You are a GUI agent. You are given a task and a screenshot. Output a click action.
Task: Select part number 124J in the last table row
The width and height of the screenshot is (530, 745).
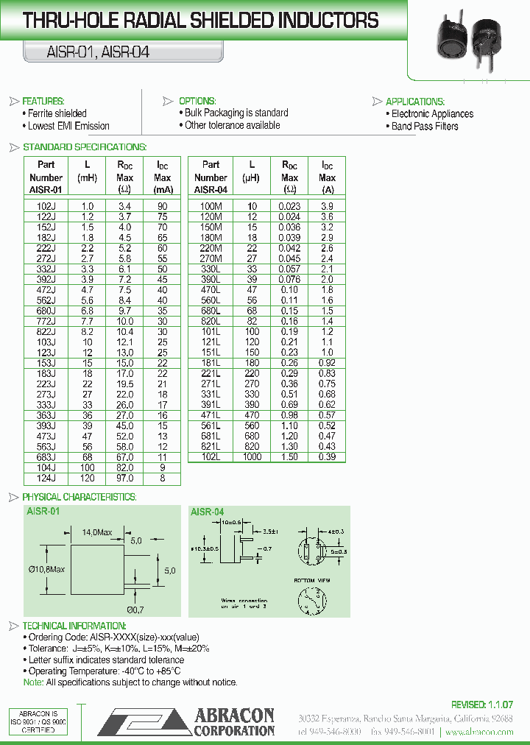coord(46,478)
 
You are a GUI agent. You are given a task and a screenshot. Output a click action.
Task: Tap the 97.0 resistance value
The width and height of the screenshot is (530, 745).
coord(124,478)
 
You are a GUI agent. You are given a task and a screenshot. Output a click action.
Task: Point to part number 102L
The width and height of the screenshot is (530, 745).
coord(211,456)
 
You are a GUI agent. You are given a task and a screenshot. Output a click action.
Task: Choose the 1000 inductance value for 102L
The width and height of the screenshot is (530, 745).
coord(252,456)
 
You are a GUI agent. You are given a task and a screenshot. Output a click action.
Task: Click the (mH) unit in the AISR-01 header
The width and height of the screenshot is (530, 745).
coord(87,177)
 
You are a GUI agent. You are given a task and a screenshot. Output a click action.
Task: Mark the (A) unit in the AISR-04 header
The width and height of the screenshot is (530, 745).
coord(328,189)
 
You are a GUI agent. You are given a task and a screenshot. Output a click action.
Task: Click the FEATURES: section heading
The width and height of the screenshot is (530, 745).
coord(43,101)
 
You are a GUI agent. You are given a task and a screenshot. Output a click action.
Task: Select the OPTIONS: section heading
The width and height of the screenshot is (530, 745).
coord(197,101)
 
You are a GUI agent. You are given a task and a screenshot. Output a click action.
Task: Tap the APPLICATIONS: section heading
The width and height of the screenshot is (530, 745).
coord(414,102)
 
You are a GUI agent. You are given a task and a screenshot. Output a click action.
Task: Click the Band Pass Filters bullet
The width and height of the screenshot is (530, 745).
coord(425,126)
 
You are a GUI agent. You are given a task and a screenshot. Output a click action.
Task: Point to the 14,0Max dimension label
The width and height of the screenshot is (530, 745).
coord(96,532)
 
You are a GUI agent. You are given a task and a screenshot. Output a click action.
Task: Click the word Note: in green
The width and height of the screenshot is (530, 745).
coord(34,682)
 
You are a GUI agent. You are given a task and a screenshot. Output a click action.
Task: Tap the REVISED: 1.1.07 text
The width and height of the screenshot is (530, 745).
coord(482,705)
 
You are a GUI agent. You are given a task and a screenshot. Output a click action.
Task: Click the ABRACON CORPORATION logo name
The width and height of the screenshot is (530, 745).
coord(234,723)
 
